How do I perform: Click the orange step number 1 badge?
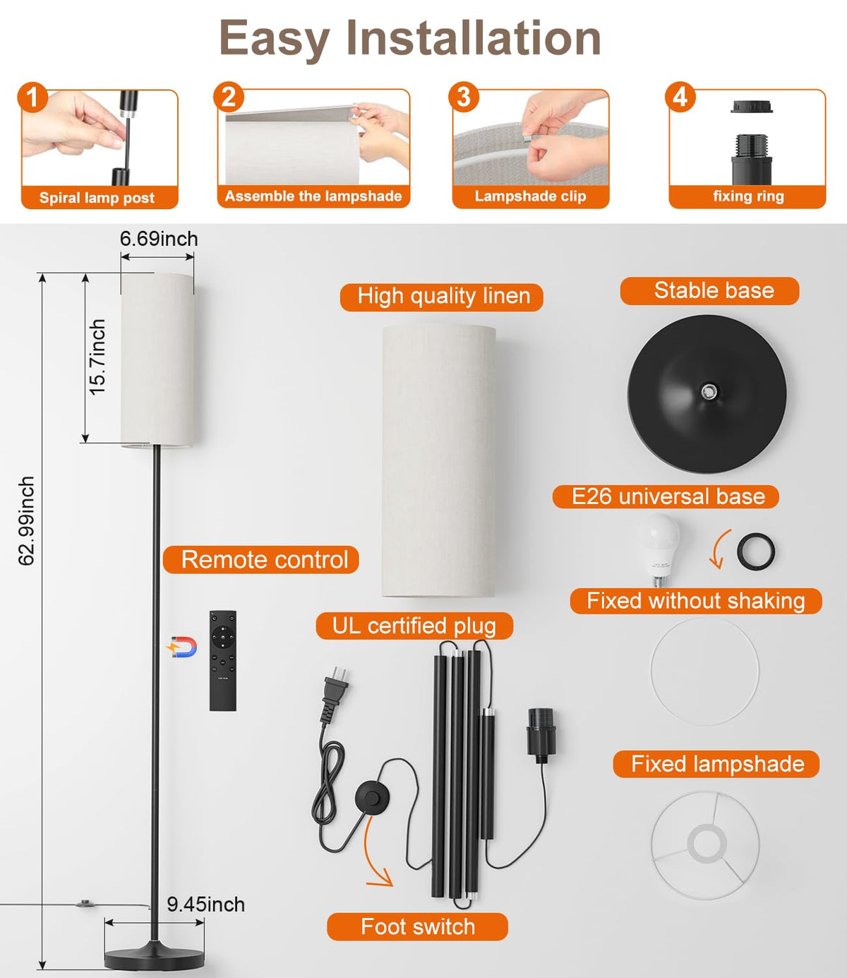pos(32,97)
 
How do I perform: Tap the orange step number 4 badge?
pos(680,97)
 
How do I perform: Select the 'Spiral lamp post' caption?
pos(97,197)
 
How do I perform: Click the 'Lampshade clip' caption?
pos(530,196)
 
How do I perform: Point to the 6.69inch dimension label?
pos(159,239)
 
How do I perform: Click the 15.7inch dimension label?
pos(97,357)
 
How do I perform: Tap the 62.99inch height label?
pos(26,521)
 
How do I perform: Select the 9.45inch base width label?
pos(205,905)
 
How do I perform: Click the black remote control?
pos(223,660)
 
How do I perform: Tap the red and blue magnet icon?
pos(182,648)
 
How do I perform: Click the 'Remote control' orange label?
pos(261,560)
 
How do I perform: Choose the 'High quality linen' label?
pos(442,297)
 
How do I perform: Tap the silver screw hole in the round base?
pos(709,391)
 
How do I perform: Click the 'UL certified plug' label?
pos(414,626)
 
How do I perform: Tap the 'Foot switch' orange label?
pos(418,927)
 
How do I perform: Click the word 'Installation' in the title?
pos(474,38)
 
